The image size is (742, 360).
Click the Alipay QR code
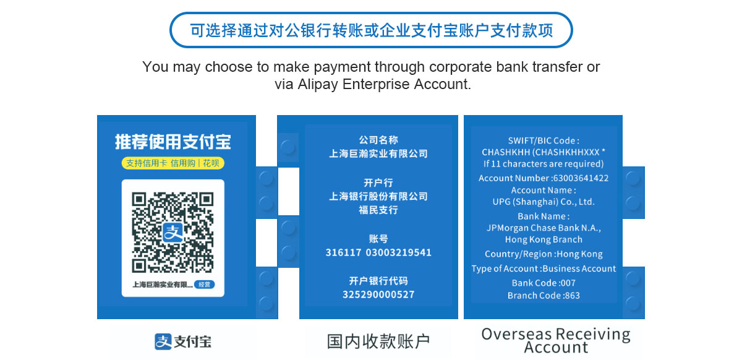pyautogui.click(x=173, y=233)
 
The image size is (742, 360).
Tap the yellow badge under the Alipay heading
pyautogui.click(x=173, y=163)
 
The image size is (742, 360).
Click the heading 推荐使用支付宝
pyautogui.click(x=173, y=142)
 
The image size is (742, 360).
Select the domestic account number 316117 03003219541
pyautogui.click(x=378, y=252)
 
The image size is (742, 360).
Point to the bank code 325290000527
pyautogui.click(x=378, y=294)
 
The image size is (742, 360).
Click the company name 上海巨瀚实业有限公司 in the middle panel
pyautogui.click(x=378, y=154)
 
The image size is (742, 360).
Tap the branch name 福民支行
pyautogui.click(x=378, y=210)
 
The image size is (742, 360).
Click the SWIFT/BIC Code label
pyautogui.click(x=544, y=140)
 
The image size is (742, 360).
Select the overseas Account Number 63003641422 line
pyautogui.click(x=544, y=178)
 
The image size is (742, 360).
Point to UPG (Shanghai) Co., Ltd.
pyautogui.click(x=544, y=202)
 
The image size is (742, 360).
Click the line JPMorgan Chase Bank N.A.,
pyautogui.click(x=544, y=228)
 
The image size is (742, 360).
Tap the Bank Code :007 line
pyautogui.click(x=544, y=283)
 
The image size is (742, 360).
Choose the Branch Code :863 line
pyautogui.click(x=544, y=296)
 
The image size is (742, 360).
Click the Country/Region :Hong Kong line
pyautogui.click(x=544, y=254)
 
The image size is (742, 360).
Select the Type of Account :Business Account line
pyautogui.click(x=544, y=268)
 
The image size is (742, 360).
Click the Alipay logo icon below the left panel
pyautogui.click(x=163, y=341)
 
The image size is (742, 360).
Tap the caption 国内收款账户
pyautogui.click(x=378, y=341)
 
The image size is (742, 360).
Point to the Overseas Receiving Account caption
pyautogui.click(x=556, y=340)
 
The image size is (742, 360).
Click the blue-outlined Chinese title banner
pyautogui.click(x=371, y=30)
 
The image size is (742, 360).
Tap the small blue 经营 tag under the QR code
pyautogui.click(x=205, y=285)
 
